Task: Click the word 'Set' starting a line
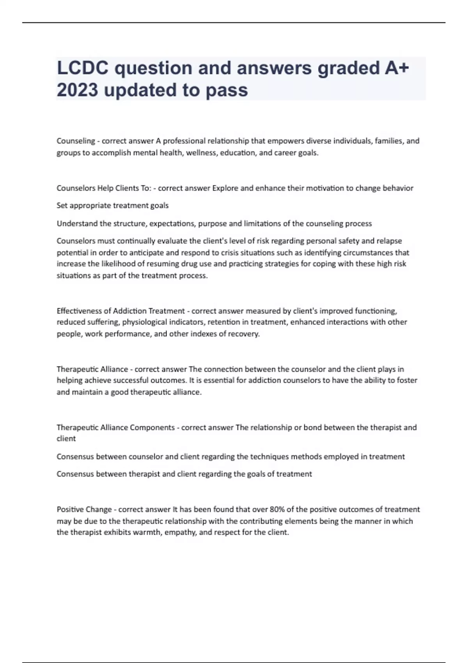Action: [x=62, y=205]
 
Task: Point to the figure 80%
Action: [x=277, y=509]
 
